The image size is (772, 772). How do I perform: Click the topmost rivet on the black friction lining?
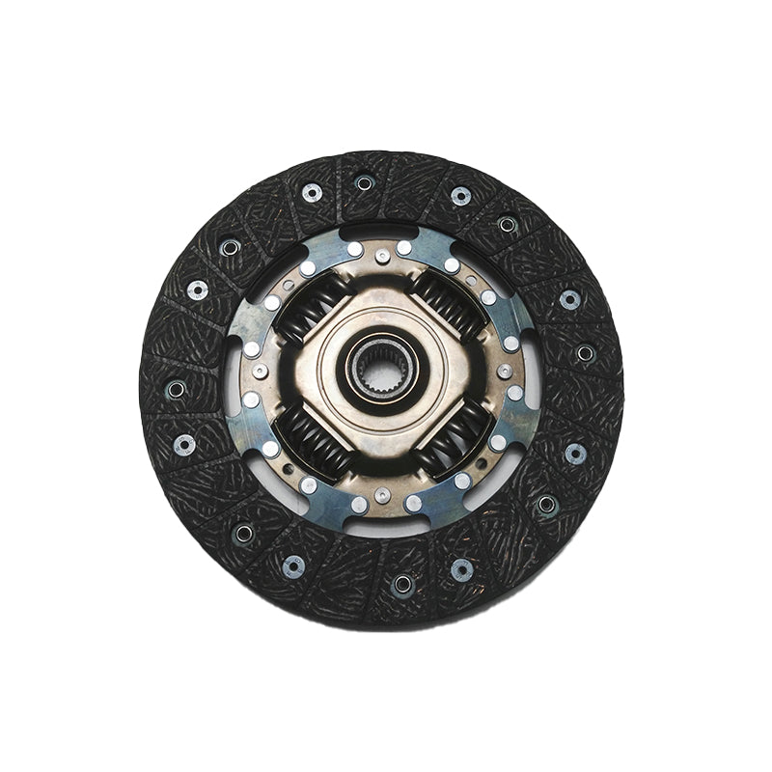(364, 182)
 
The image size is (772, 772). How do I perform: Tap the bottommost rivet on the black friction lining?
(402, 583)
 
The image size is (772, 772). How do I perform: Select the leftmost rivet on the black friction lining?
(176, 389)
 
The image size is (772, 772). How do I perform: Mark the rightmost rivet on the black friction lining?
(585, 353)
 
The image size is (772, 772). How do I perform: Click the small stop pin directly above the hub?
(383, 256)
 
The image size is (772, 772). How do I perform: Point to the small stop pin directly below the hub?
(383, 494)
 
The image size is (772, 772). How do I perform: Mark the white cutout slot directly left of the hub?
(232, 381)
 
